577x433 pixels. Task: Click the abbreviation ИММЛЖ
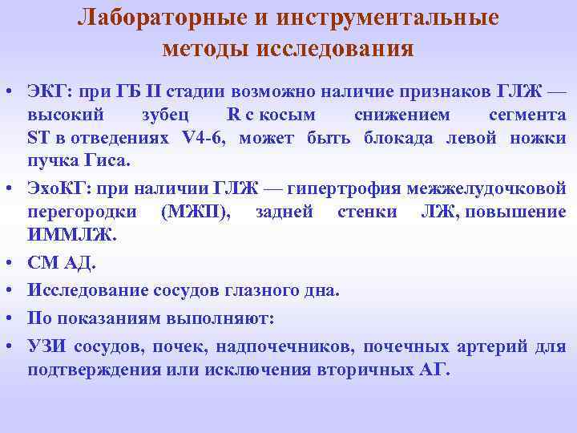coord(71,237)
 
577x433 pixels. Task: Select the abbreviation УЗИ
coord(46,346)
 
